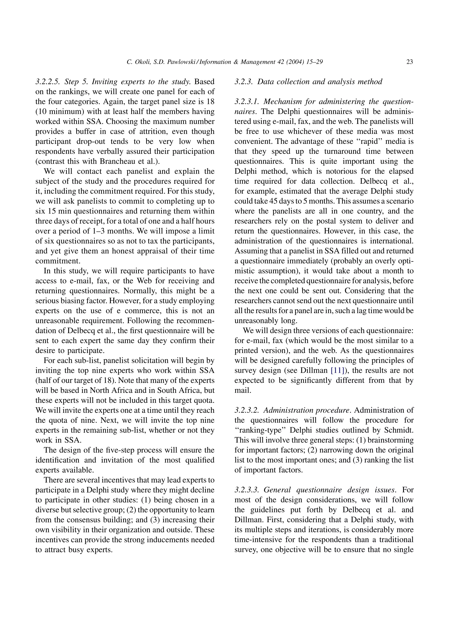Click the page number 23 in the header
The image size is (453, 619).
409,62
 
